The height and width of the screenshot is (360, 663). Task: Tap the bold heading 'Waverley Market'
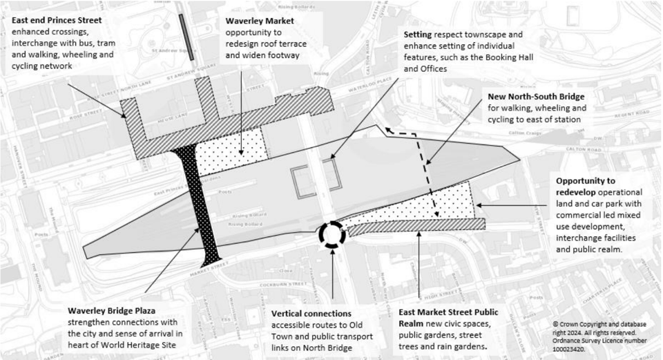coord(259,21)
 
